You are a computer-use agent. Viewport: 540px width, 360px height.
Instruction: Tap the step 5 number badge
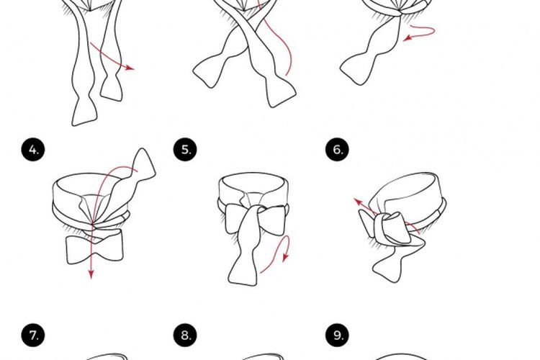186,150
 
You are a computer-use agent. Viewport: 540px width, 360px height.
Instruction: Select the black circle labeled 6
338,150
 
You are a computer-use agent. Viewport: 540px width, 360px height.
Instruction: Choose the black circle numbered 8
186,336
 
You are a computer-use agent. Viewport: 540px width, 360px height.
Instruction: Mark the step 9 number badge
338,336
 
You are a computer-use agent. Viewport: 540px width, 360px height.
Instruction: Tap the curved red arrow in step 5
276,258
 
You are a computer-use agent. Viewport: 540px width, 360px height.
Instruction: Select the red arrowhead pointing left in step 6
357,202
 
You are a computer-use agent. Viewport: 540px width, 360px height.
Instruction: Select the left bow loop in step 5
234,219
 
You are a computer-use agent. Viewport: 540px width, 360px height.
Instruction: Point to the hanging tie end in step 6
396,261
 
